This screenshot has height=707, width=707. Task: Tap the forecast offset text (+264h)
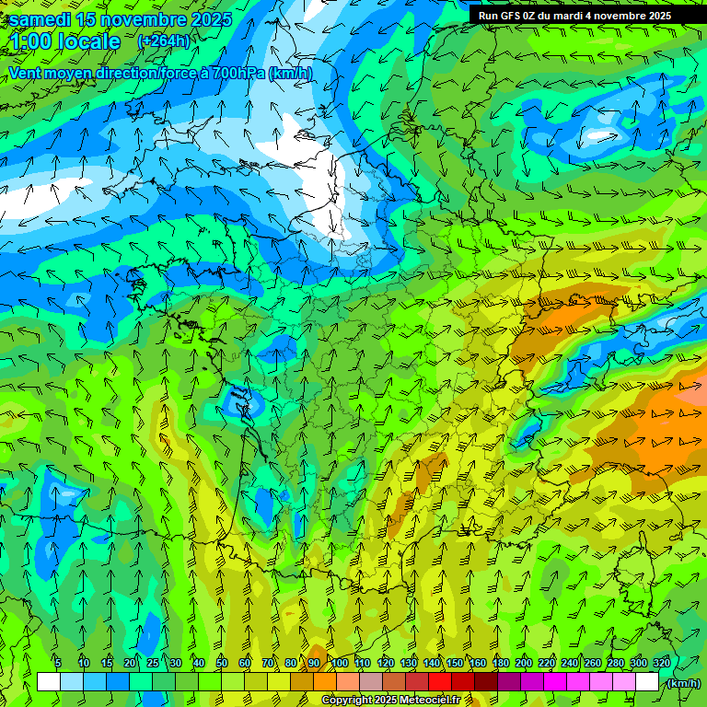coord(163,41)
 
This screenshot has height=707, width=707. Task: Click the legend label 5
coord(57,663)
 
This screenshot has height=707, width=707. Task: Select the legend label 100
coord(340,663)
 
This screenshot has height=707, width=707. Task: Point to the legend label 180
coord(501,663)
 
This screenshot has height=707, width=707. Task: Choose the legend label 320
coord(661,663)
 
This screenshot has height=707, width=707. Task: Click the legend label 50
coord(222,663)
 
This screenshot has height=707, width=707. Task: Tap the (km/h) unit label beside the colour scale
coord(684,682)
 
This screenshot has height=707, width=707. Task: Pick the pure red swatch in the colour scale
coord(439,682)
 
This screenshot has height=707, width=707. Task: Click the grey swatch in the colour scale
coord(370,682)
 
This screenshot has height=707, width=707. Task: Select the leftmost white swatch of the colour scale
coord(48,682)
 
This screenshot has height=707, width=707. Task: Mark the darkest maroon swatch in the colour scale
coord(485,682)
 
